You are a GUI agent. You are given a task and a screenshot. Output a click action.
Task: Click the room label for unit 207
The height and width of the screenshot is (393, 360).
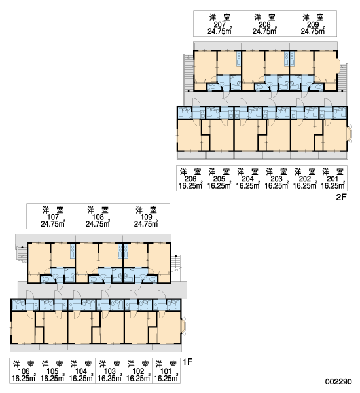point(217,24)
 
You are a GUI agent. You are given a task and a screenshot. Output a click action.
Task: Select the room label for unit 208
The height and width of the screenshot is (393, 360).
point(265,24)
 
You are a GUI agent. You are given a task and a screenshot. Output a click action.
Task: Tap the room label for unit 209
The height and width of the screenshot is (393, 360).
point(313,24)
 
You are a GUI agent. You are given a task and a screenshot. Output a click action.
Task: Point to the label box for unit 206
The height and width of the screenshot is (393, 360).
point(191,178)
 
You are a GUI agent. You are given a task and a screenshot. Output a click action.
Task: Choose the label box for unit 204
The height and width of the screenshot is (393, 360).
point(248,178)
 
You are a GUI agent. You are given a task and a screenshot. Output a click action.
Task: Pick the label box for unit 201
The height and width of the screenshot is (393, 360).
point(333,178)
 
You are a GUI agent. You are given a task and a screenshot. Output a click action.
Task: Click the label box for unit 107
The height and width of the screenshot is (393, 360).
point(50,216)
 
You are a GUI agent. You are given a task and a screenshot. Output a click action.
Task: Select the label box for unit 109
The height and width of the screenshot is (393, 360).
point(146,216)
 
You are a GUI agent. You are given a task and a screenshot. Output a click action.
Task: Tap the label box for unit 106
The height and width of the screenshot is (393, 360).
point(24,371)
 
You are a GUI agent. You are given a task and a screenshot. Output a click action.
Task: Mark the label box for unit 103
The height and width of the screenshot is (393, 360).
point(110,371)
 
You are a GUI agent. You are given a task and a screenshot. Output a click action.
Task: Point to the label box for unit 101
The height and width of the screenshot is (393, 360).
point(166,371)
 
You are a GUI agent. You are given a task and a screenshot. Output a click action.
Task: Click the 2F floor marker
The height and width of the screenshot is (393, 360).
point(341,197)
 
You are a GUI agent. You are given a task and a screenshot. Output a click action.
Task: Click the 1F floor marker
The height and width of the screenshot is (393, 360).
point(188,362)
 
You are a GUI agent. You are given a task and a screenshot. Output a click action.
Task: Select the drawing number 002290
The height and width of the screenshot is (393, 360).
point(338,381)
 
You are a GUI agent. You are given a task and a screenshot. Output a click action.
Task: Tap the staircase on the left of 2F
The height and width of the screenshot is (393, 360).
point(188,72)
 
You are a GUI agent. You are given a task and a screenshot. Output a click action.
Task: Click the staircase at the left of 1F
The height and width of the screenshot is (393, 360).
point(22,254)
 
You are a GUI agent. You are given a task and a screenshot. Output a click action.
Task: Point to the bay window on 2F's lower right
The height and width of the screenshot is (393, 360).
point(350,134)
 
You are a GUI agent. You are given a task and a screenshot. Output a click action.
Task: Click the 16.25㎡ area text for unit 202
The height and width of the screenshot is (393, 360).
point(305,186)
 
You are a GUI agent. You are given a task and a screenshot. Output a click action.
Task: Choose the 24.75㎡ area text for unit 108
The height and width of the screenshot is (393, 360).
point(98,223)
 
